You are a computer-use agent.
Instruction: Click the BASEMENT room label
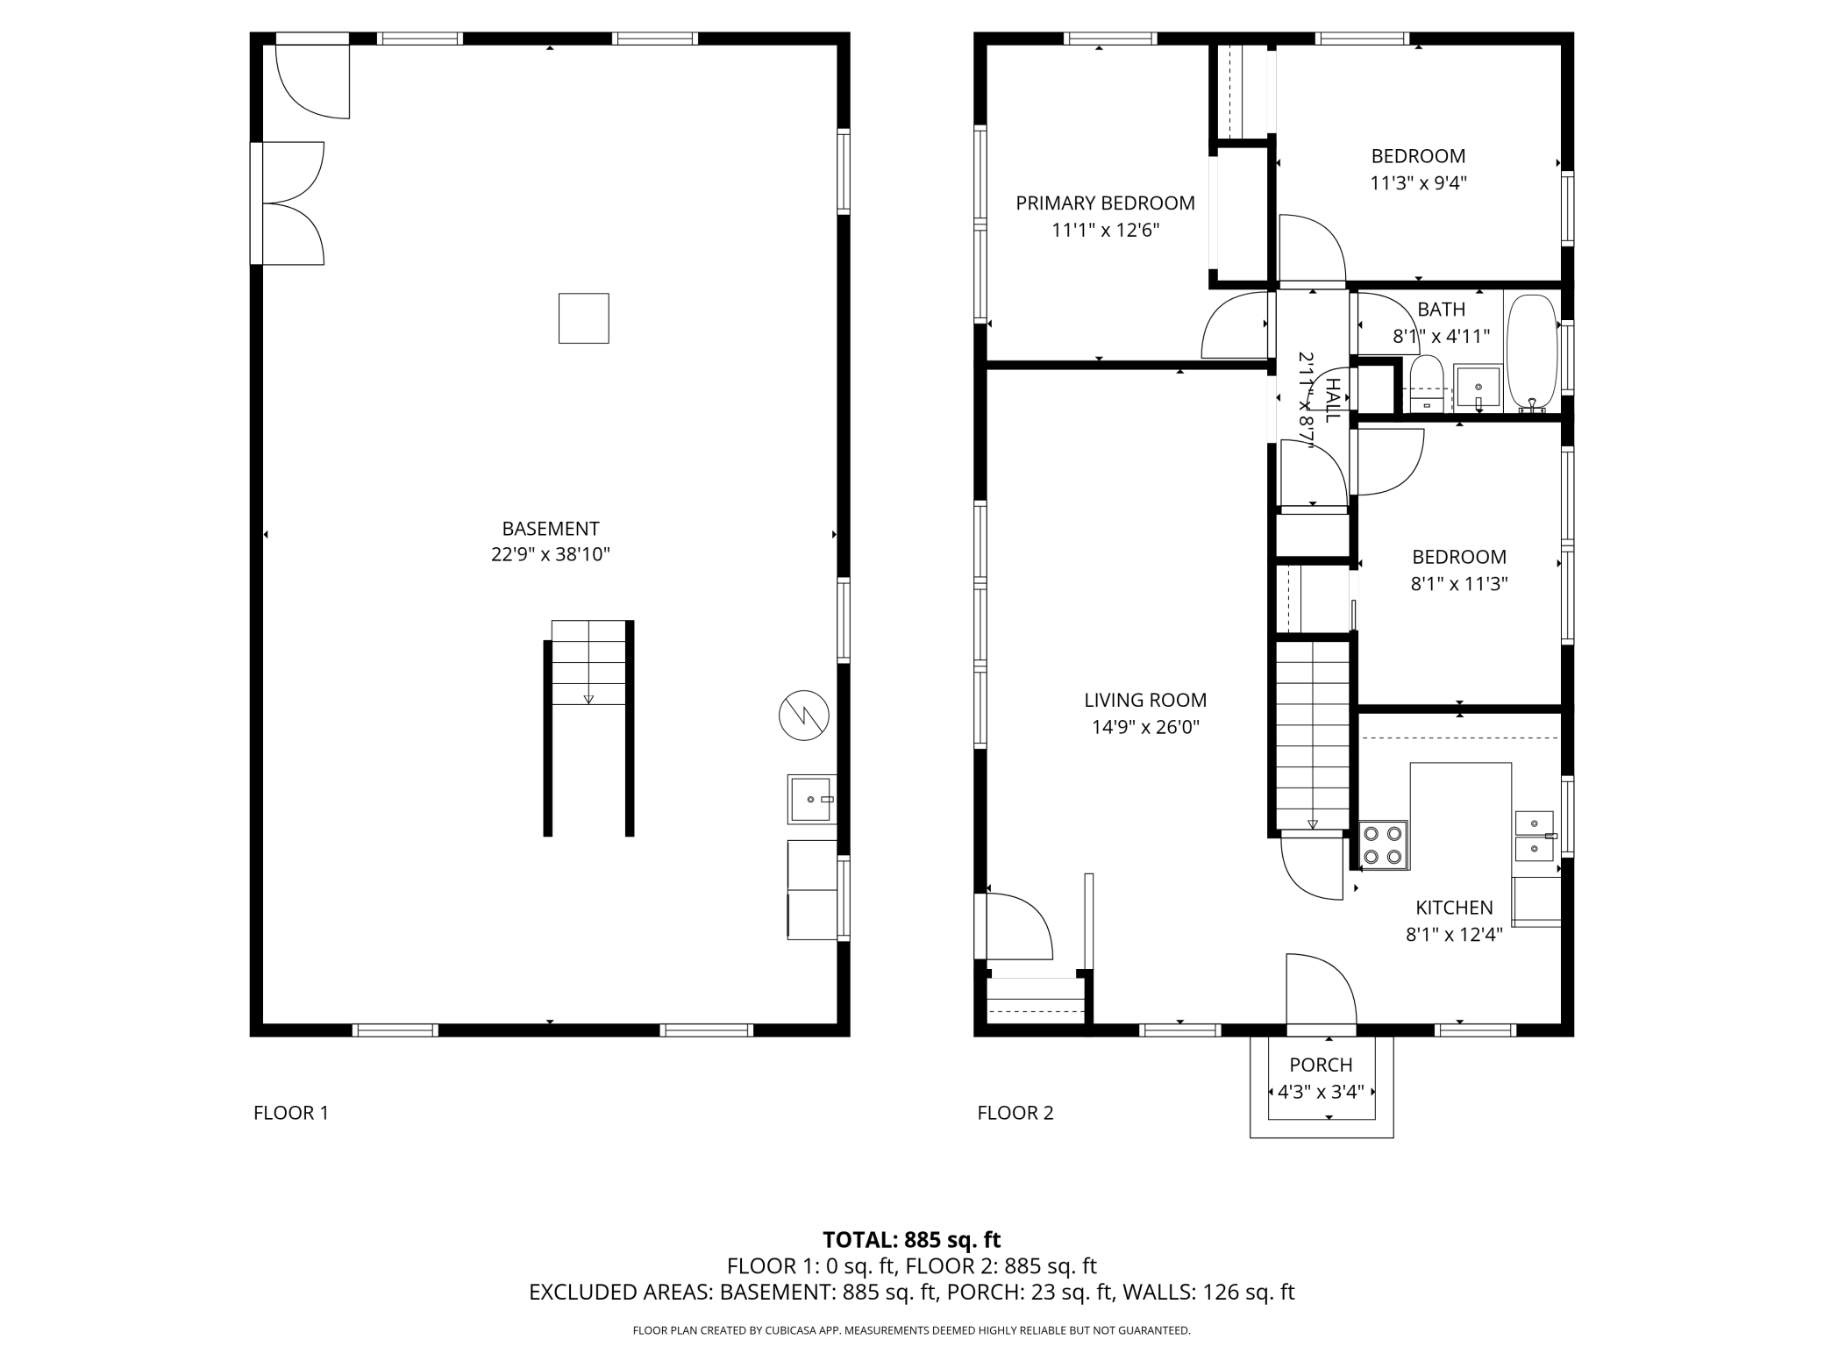[x=550, y=529]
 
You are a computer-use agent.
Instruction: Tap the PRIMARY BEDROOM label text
[x=1105, y=203]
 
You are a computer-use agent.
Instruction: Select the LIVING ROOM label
[x=1145, y=701]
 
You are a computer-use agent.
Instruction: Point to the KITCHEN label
[x=1454, y=908]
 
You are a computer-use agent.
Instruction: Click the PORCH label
[x=1321, y=1065]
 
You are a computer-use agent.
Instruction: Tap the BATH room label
[x=1441, y=310]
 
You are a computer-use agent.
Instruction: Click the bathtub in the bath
[x=1532, y=353]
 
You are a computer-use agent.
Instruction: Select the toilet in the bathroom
[x=1427, y=384]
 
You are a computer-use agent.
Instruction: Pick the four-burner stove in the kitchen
[x=1384, y=845]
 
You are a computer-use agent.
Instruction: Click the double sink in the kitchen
[x=1535, y=837]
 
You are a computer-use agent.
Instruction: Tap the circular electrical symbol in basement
[x=804, y=716]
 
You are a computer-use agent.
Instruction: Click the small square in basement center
[x=584, y=318]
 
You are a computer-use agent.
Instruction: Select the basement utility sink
[x=811, y=799]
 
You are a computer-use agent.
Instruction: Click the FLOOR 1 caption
[x=291, y=1113]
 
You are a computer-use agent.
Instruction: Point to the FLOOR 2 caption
[x=1015, y=1113]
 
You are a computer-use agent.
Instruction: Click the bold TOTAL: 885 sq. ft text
[x=911, y=1240]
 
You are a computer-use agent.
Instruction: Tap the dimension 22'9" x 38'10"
[x=550, y=555]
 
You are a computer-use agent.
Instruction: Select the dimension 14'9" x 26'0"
[x=1145, y=727]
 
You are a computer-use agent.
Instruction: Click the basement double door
[x=289, y=203]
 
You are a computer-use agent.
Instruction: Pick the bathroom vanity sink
[x=1478, y=388]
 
